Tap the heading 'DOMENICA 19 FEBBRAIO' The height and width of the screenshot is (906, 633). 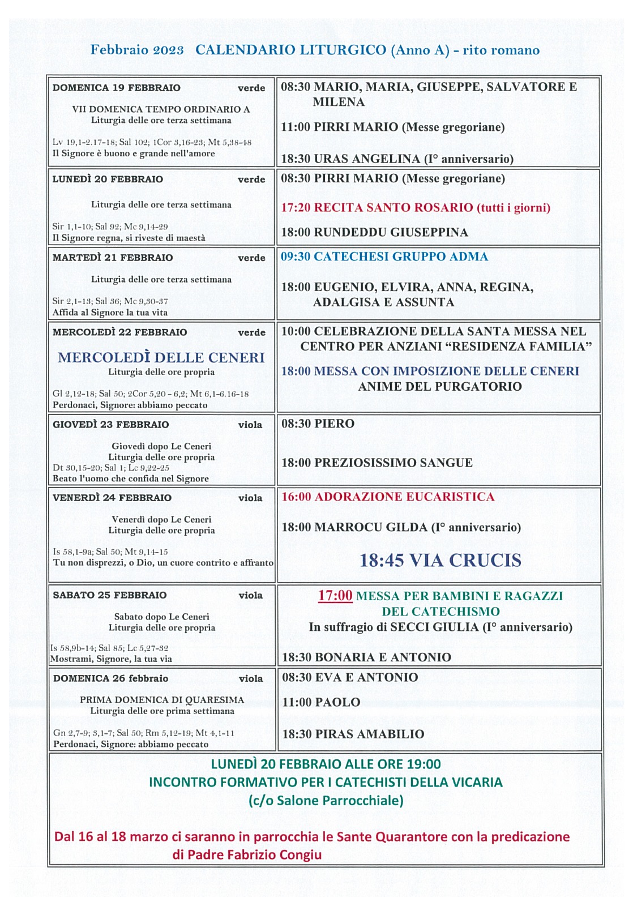point(117,88)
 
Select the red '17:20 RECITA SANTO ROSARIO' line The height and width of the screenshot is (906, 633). point(416,207)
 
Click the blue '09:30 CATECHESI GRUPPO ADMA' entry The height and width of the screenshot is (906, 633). point(384,257)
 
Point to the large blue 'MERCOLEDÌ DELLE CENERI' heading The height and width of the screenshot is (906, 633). point(161,357)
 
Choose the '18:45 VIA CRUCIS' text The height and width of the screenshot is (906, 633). point(440,560)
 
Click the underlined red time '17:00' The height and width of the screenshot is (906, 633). point(335,596)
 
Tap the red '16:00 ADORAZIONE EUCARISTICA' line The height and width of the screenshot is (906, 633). point(388,497)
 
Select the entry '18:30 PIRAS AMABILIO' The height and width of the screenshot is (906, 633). point(353,734)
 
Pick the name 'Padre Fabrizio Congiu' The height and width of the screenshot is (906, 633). point(247,854)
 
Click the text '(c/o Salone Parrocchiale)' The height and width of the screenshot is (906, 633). point(326,800)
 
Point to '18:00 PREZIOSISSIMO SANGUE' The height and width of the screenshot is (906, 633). point(377,463)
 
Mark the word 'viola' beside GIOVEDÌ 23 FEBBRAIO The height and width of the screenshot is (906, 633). point(250,425)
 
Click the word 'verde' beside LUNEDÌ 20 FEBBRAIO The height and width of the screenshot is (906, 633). point(251,180)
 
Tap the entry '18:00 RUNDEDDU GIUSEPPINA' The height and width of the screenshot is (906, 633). point(375,232)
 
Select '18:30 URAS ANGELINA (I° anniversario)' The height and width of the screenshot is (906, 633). point(397,159)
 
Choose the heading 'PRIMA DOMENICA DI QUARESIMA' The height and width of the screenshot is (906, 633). point(162,700)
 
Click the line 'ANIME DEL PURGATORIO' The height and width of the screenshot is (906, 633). point(439,387)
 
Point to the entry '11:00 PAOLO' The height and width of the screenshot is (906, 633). point(321,702)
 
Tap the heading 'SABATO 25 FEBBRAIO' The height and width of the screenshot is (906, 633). point(110,595)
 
